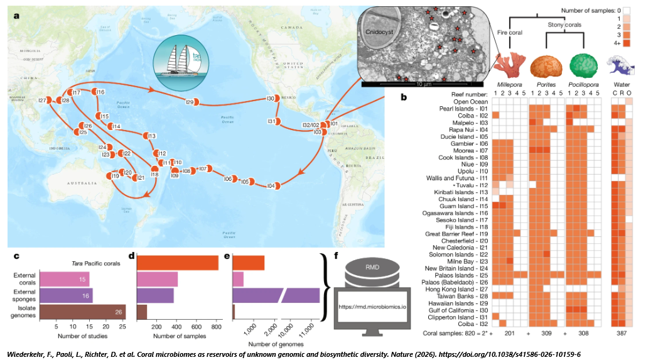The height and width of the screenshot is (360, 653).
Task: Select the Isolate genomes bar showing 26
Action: (x=82, y=311)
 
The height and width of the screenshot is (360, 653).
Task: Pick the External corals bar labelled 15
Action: (x=65, y=278)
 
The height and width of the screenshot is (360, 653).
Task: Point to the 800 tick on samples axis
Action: (x=215, y=327)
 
